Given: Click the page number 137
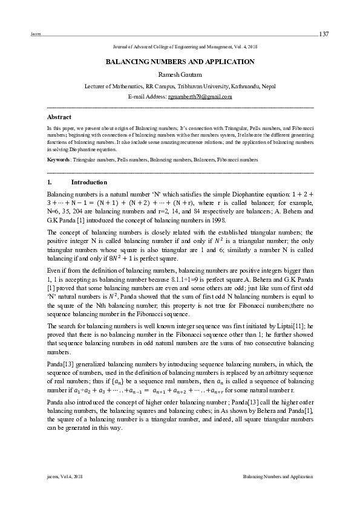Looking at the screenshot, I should tap(324, 33).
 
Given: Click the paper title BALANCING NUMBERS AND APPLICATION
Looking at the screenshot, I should tap(180, 62).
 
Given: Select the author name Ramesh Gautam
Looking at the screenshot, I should tap(180, 74).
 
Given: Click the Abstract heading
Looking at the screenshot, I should tap(59, 116).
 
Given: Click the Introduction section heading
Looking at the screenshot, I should tap(89, 182).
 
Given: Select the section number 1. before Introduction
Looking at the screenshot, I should tap(49, 182).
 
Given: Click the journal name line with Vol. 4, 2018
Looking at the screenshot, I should tap(180, 47).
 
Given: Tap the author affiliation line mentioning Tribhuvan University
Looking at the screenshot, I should tap(180, 86).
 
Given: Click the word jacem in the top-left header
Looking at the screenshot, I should tap(34, 34).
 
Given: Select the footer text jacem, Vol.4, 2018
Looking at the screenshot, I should tap(64, 477).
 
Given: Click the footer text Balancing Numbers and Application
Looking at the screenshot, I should tap(278, 477).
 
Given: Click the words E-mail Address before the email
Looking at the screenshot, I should tap(148, 97).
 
